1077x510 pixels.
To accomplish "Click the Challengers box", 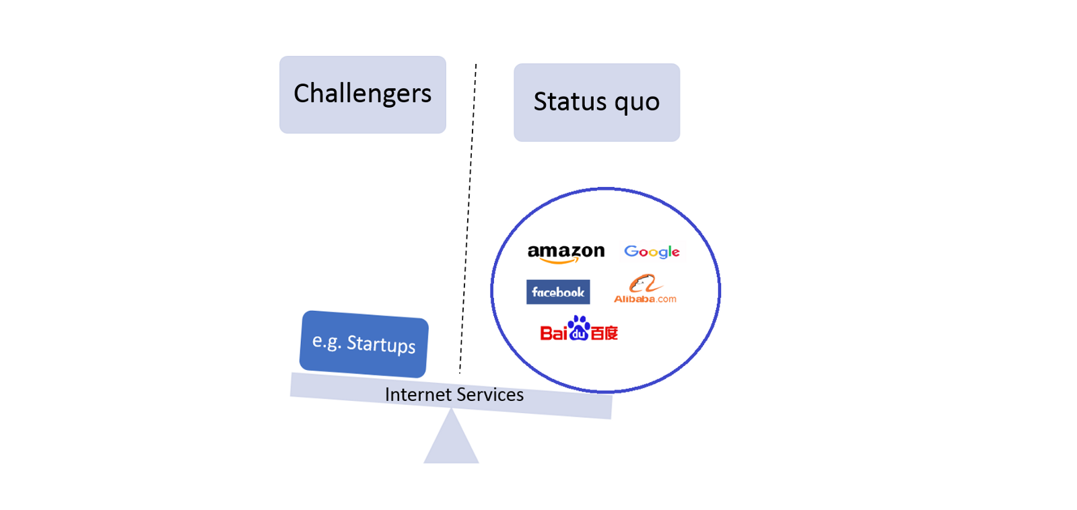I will click(x=362, y=94).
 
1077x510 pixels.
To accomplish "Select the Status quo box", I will click(x=596, y=102).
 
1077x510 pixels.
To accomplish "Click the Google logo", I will click(x=652, y=252).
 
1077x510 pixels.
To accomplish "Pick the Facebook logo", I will click(x=558, y=292).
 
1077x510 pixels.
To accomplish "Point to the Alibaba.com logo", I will click(x=645, y=290).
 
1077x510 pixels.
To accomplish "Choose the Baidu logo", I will click(x=579, y=329).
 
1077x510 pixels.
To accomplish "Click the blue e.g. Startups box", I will click(x=363, y=344).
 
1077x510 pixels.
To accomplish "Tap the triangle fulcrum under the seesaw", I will click(x=451, y=441).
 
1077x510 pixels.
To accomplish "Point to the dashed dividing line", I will click(x=468, y=215).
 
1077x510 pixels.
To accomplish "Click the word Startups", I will click(x=381, y=344).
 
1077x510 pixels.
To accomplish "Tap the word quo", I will click(x=637, y=103).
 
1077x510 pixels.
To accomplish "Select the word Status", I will click(x=570, y=102).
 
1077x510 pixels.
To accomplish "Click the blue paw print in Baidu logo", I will click(x=579, y=328).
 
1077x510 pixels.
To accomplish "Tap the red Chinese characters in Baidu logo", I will click(x=604, y=333).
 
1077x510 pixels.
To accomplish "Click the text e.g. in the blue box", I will click(x=326, y=341).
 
